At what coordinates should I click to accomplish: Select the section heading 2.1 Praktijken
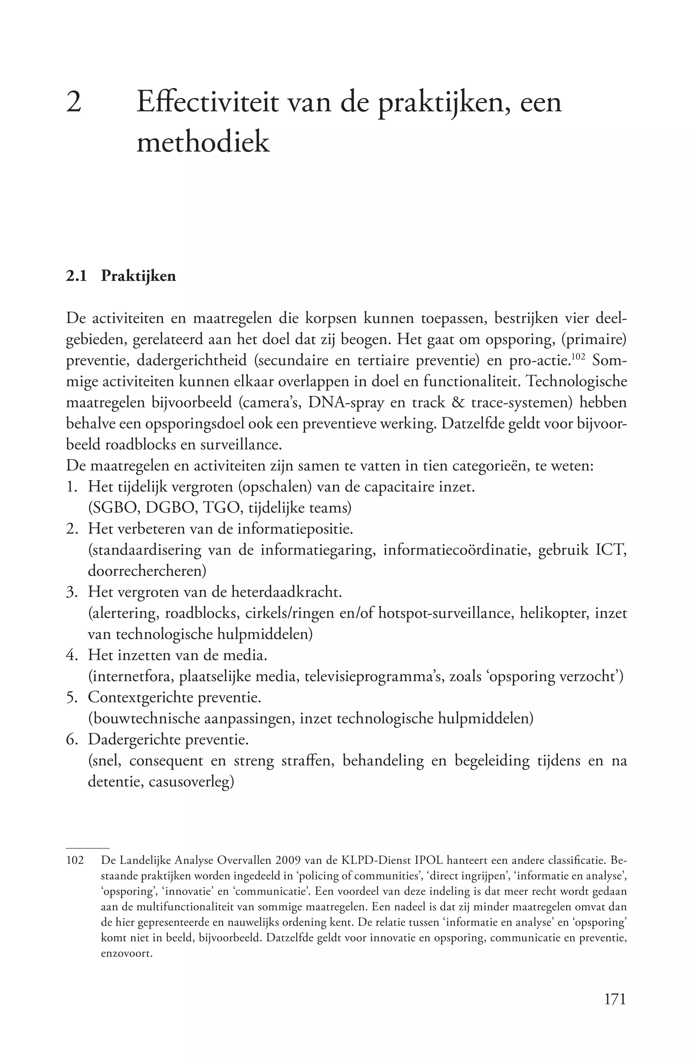tap(121, 276)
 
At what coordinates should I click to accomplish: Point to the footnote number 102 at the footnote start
tap(75, 860)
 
